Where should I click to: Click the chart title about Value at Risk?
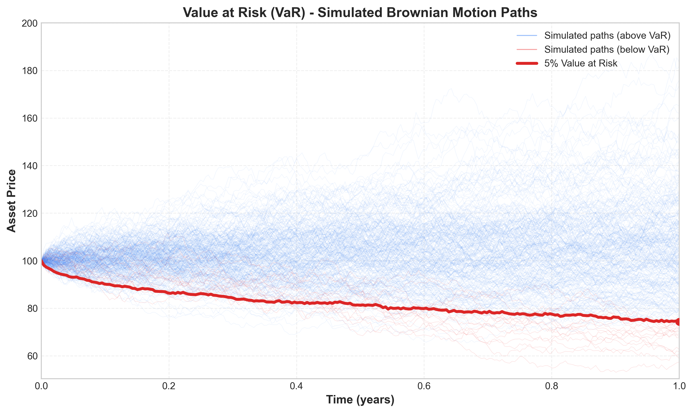[x=360, y=13]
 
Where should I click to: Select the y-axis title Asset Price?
[x=12, y=201]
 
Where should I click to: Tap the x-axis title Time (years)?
[x=360, y=400]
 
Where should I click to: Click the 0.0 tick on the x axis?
[x=42, y=387]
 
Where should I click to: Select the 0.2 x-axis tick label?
[x=169, y=387]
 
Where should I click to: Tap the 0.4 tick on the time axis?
[x=296, y=387]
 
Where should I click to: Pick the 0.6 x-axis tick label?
[x=424, y=387]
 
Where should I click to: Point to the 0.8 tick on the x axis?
[x=551, y=387]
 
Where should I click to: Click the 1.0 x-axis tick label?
[x=679, y=387]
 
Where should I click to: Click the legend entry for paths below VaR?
[x=607, y=49]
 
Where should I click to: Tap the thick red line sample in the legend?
[x=527, y=63]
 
